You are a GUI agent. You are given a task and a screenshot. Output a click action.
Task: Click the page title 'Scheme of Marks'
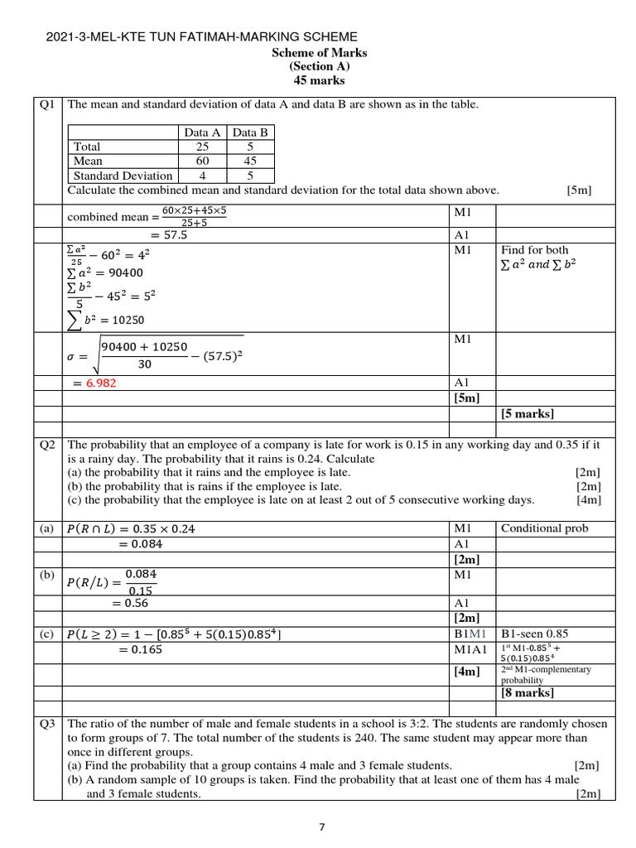pos(319,53)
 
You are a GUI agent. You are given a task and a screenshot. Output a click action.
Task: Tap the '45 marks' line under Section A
pos(319,80)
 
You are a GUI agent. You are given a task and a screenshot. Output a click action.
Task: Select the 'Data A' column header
pos(202,132)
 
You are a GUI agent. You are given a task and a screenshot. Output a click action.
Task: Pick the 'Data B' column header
pos(250,132)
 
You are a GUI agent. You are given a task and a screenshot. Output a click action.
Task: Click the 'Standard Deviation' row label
pos(123,176)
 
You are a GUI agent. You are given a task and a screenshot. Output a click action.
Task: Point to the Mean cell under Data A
pos(202,161)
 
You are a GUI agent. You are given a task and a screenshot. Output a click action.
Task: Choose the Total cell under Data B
pos(250,147)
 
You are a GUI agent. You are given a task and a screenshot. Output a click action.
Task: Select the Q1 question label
pos(47,104)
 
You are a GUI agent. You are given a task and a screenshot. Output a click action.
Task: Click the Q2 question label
pos(47,445)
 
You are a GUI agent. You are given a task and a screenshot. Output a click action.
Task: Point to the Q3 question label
pos(47,723)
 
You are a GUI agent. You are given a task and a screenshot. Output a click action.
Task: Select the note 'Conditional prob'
pos(544,528)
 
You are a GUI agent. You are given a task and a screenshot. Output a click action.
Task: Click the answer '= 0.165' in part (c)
pos(140,650)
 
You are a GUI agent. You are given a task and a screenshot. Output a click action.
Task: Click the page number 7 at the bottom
pos(322,826)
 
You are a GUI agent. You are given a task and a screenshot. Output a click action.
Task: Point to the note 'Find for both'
pos(534,250)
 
